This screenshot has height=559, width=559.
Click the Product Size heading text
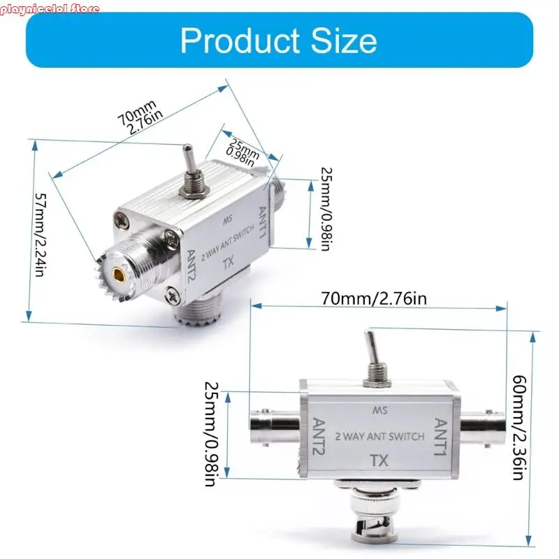tap(278, 41)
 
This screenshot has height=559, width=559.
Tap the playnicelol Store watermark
tap(50, 9)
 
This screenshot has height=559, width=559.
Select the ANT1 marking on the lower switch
tap(441, 436)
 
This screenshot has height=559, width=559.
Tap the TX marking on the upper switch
tap(227, 264)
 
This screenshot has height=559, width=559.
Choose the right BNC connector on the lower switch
tap(482, 420)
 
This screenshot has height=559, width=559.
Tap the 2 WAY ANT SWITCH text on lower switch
tap(379, 437)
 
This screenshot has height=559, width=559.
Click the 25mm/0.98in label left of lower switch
tap(211, 433)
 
